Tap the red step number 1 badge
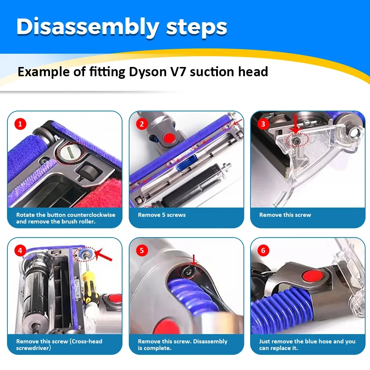point(20,124)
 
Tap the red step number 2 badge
point(141,124)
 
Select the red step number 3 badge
point(263,124)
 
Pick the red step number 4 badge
point(20,250)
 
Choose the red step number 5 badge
point(141,250)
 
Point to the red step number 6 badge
point(263,250)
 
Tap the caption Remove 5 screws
point(162,215)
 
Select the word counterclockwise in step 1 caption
point(91,215)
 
